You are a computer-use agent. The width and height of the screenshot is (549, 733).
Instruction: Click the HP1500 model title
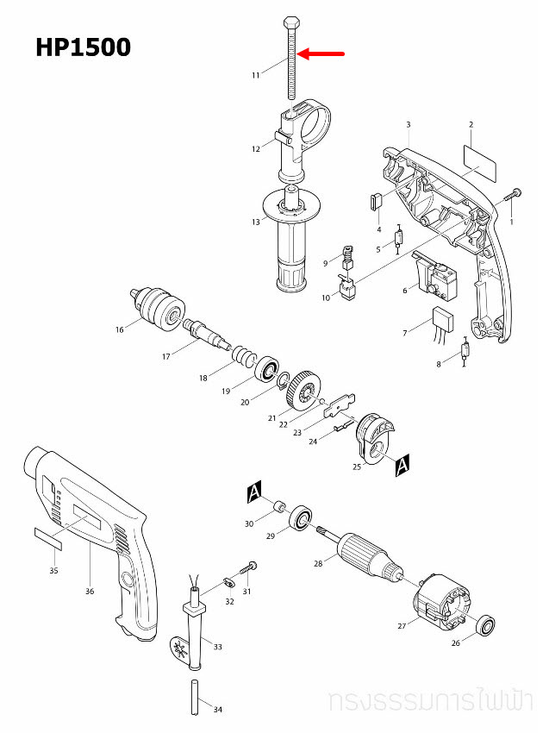coord(83,47)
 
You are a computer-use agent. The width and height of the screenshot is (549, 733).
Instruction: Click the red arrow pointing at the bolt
coord(321,53)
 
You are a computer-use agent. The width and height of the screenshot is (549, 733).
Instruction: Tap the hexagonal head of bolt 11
coord(291,22)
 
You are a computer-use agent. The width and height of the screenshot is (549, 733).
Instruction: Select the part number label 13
coord(256,222)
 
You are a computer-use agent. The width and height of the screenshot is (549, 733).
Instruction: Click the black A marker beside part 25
coord(402,465)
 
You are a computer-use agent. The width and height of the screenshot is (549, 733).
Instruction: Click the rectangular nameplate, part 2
coord(480,162)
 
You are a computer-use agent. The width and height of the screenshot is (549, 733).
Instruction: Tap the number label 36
coord(90,591)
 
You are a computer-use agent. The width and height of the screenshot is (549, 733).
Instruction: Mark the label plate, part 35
coord(48,538)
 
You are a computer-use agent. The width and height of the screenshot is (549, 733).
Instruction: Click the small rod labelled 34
coord(196,697)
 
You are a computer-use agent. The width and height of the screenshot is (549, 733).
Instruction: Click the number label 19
coord(226,391)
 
